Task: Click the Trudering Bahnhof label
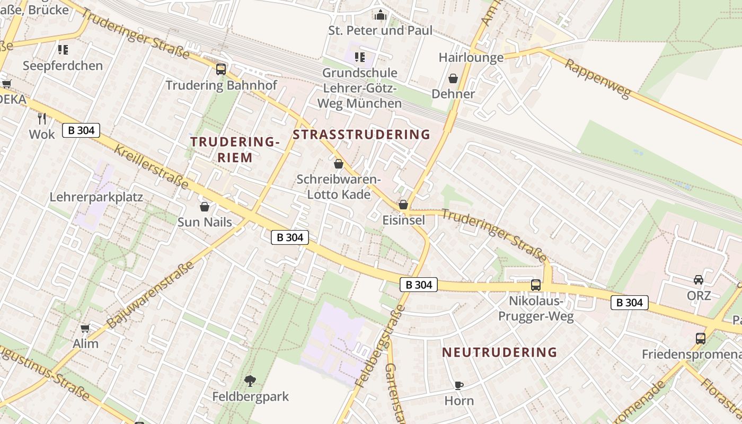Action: pos(221,85)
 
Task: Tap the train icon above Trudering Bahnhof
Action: pos(221,69)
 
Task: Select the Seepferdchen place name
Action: pos(63,66)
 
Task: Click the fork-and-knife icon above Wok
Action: pos(42,119)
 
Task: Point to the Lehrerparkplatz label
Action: pos(96,197)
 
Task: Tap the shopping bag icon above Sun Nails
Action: pos(205,207)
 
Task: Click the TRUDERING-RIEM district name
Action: pos(235,149)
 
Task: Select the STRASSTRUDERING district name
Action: pos(361,135)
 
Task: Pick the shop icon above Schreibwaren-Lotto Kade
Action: pos(339,164)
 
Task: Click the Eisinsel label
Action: pos(403,219)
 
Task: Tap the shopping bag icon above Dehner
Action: pos(453,78)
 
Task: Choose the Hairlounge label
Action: pos(471,58)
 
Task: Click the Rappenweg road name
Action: pos(597,79)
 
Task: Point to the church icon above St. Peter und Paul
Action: pos(381,15)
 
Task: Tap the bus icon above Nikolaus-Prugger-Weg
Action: pos(536,285)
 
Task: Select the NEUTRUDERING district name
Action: pos(499,352)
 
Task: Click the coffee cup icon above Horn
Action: pos(459,385)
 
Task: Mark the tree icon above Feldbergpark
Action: pos(250,381)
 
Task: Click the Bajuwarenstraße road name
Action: pos(151,294)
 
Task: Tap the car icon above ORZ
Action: pos(699,280)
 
